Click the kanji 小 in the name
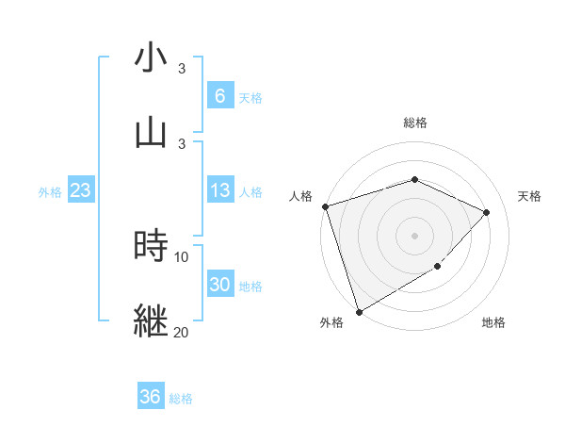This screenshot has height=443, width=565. point(151,58)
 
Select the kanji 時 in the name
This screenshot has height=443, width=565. point(151,246)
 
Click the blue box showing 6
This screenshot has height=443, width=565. point(219,95)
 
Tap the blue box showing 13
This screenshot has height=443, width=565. point(219,191)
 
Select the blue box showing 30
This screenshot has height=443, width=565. point(219,286)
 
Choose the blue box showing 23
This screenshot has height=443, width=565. point(81,191)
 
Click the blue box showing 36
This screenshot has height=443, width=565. point(151,397)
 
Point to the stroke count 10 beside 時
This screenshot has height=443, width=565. point(181,256)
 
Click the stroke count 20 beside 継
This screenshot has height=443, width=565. point(181,332)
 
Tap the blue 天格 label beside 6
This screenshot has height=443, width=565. point(250,97)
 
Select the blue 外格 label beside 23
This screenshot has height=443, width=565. point(50,192)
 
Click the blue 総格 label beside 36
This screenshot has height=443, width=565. point(181,399)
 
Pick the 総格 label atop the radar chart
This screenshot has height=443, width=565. point(414,123)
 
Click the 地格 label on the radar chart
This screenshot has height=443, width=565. point(493,322)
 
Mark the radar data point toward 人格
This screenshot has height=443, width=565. point(325,206)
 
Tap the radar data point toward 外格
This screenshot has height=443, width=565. point(359,311)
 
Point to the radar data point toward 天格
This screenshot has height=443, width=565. point(486,212)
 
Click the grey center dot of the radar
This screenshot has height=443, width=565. point(414,235)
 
